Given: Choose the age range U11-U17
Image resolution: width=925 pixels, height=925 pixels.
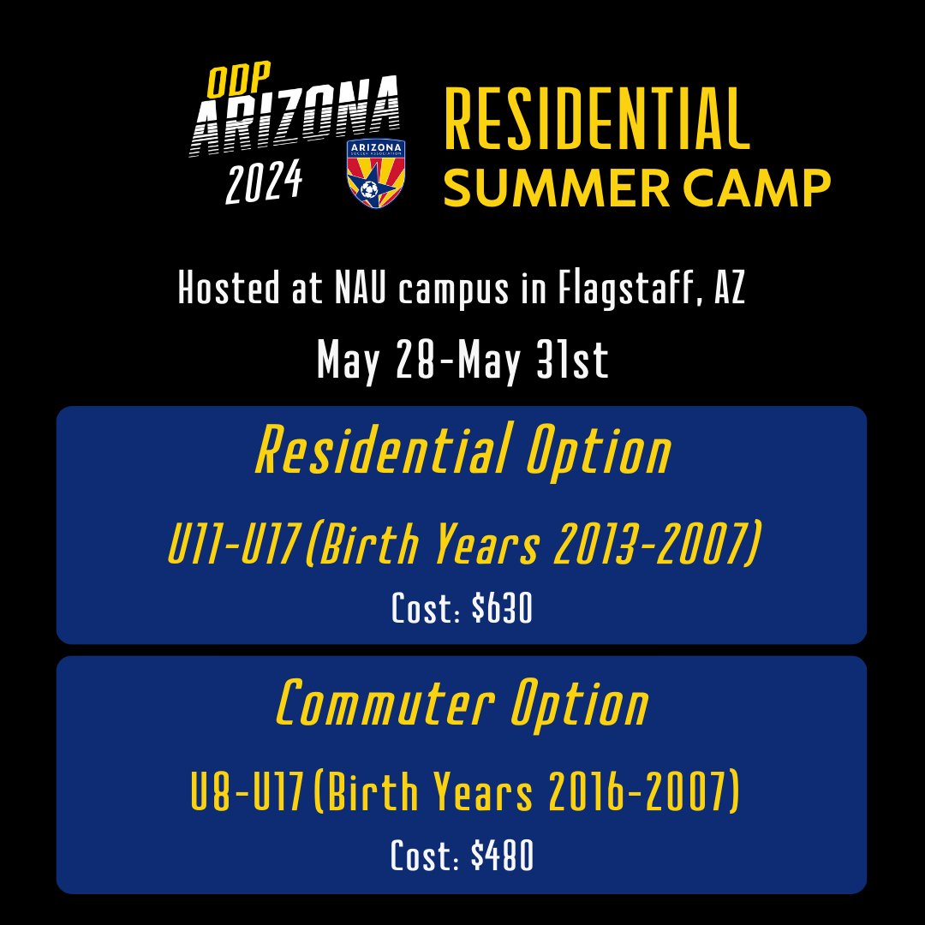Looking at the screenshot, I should click(233, 546).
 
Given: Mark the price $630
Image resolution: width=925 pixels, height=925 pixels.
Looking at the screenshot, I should click(502, 610).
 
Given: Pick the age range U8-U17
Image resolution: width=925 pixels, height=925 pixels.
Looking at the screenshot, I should click(246, 796).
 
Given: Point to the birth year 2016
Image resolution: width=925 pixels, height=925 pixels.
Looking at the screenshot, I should click(585, 796).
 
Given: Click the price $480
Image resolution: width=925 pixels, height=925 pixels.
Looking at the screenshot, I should click(502, 856).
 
